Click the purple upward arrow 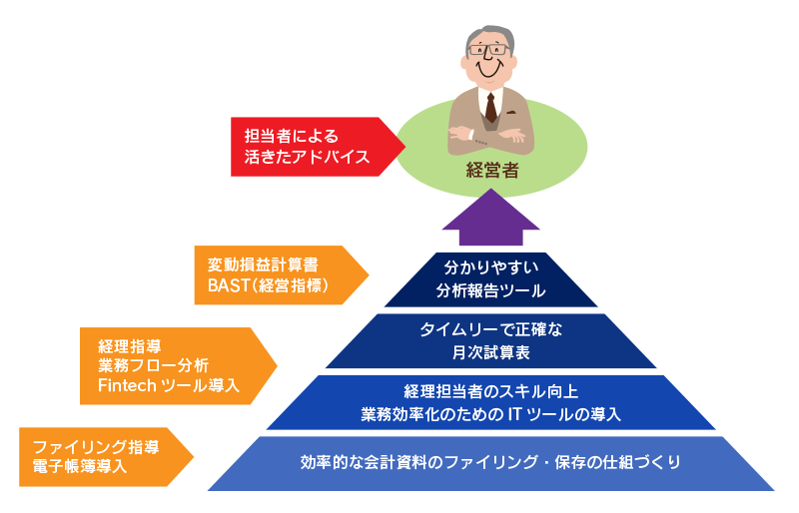[x=490, y=219]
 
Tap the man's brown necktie [x=490, y=108]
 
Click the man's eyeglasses [x=489, y=50]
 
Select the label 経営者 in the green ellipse [x=492, y=170]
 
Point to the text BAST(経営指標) [x=268, y=285]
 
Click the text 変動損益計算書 [x=263, y=264]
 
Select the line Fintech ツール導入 [x=169, y=385]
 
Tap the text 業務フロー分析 [x=154, y=365]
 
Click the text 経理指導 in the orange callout [x=130, y=346]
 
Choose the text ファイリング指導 [x=96, y=447]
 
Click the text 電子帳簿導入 [x=80, y=466]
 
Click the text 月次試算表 [x=490, y=352]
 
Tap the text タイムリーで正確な [x=490, y=329]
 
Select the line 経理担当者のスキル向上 [x=490, y=391]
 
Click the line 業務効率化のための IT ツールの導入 [x=490, y=414]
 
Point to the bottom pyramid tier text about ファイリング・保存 [x=490, y=462]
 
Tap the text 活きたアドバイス [x=307, y=157]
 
